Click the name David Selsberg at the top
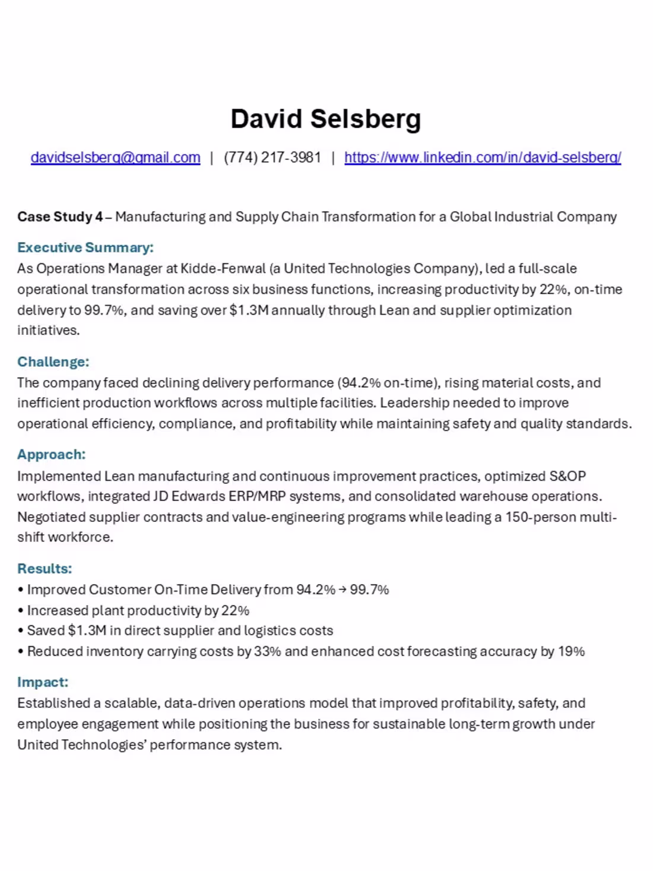(326, 119)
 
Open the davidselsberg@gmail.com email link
(115, 157)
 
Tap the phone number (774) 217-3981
(272, 157)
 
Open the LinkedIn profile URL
(483, 157)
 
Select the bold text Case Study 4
(59, 217)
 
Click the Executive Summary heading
(85, 248)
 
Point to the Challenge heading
(53, 362)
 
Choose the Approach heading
(51, 454)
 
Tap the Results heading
(45, 568)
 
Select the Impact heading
(43, 682)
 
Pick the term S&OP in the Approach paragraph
(568, 476)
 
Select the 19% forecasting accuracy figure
(571, 651)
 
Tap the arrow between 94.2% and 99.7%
(343, 590)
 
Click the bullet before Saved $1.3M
(21, 631)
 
